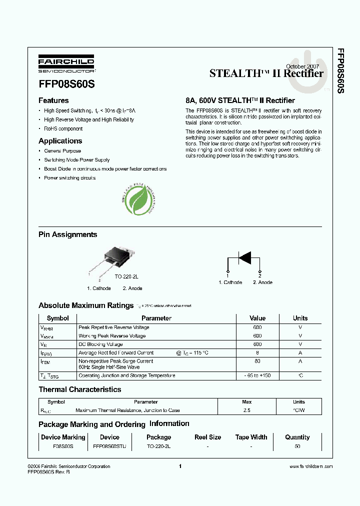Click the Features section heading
pyautogui.click(x=53, y=100)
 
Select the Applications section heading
pyautogui.click(x=60, y=141)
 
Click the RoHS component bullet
pyautogui.click(x=63, y=128)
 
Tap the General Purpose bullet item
pyautogui.click(x=62, y=151)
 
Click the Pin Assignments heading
pyautogui.click(x=67, y=234)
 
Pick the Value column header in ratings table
pyautogui.click(x=257, y=318)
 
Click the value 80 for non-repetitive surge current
pyautogui.click(x=257, y=361)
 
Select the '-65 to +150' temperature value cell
pyautogui.click(x=257, y=375)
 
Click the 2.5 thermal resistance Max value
pyautogui.click(x=246, y=410)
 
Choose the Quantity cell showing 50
pyautogui.click(x=297, y=446)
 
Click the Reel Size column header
pyautogui.click(x=207, y=437)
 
